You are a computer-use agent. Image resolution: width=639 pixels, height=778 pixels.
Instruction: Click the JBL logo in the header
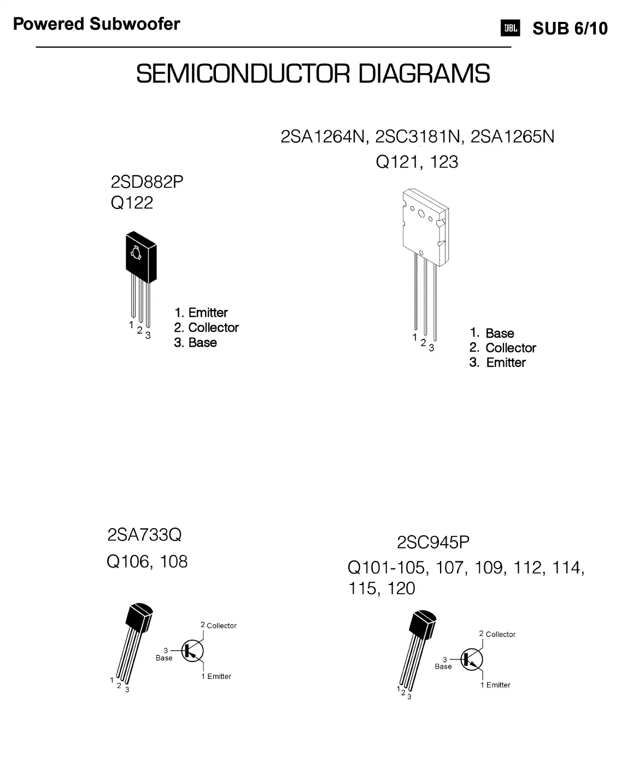(x=510, y=28)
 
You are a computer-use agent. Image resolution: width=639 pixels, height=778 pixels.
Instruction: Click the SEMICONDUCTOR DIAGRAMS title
(x=313, y=74)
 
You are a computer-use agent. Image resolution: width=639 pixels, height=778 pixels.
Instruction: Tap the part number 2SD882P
(x=147, y=182)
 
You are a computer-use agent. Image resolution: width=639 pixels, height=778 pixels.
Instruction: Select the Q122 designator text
(x=132, y=203)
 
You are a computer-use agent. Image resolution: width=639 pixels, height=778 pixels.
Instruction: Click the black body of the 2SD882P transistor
(x=140, y=256)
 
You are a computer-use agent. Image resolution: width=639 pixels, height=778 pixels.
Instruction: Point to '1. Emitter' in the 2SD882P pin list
(x=201, y=313)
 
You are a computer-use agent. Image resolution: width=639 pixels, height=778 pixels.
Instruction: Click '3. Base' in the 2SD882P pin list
(x=195, y=343)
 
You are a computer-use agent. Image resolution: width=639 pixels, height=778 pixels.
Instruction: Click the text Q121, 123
(x=417, y=162)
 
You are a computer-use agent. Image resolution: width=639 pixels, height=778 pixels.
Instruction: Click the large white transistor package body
(x=423, y=227)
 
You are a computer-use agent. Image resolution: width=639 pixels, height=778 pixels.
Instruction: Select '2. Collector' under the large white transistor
(x=502, y=348)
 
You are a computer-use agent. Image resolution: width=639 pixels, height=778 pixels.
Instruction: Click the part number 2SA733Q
(x=144, y=534)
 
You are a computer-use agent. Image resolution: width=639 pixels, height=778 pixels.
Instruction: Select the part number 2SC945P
(x=433, y=542)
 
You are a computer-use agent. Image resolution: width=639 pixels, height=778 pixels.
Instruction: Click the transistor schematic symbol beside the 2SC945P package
(x=471, y=659)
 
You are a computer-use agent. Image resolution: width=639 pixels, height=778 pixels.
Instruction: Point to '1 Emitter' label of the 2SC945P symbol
(x=495, y=685)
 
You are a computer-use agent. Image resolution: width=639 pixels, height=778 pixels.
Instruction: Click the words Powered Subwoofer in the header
(x=96, y=24)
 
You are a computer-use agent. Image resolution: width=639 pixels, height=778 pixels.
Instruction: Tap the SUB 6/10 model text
(x=570, y=28)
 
